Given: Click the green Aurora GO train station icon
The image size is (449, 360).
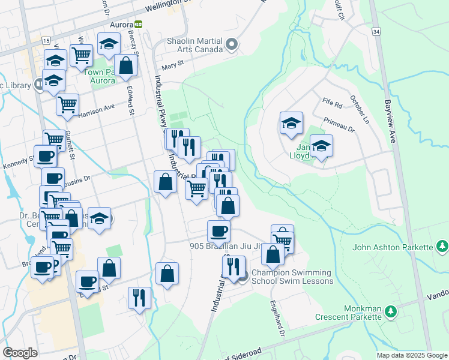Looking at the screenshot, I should (139, 25).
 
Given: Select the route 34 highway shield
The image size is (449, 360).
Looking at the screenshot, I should (376, 31).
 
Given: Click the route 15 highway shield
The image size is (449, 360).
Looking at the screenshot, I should (46, 40).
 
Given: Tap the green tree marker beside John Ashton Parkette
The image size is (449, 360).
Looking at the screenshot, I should (442, 246).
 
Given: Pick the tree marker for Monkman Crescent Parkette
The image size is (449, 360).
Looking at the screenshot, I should (391, 311).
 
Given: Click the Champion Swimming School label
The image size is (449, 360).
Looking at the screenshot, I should (292, 277).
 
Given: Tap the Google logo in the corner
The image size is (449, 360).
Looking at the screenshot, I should (20, 353).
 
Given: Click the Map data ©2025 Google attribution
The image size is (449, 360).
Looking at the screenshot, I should (411, 355).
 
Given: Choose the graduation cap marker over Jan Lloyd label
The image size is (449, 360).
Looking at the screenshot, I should (322, 146).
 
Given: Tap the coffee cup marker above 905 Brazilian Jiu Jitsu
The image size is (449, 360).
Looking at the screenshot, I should (218, 230).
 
